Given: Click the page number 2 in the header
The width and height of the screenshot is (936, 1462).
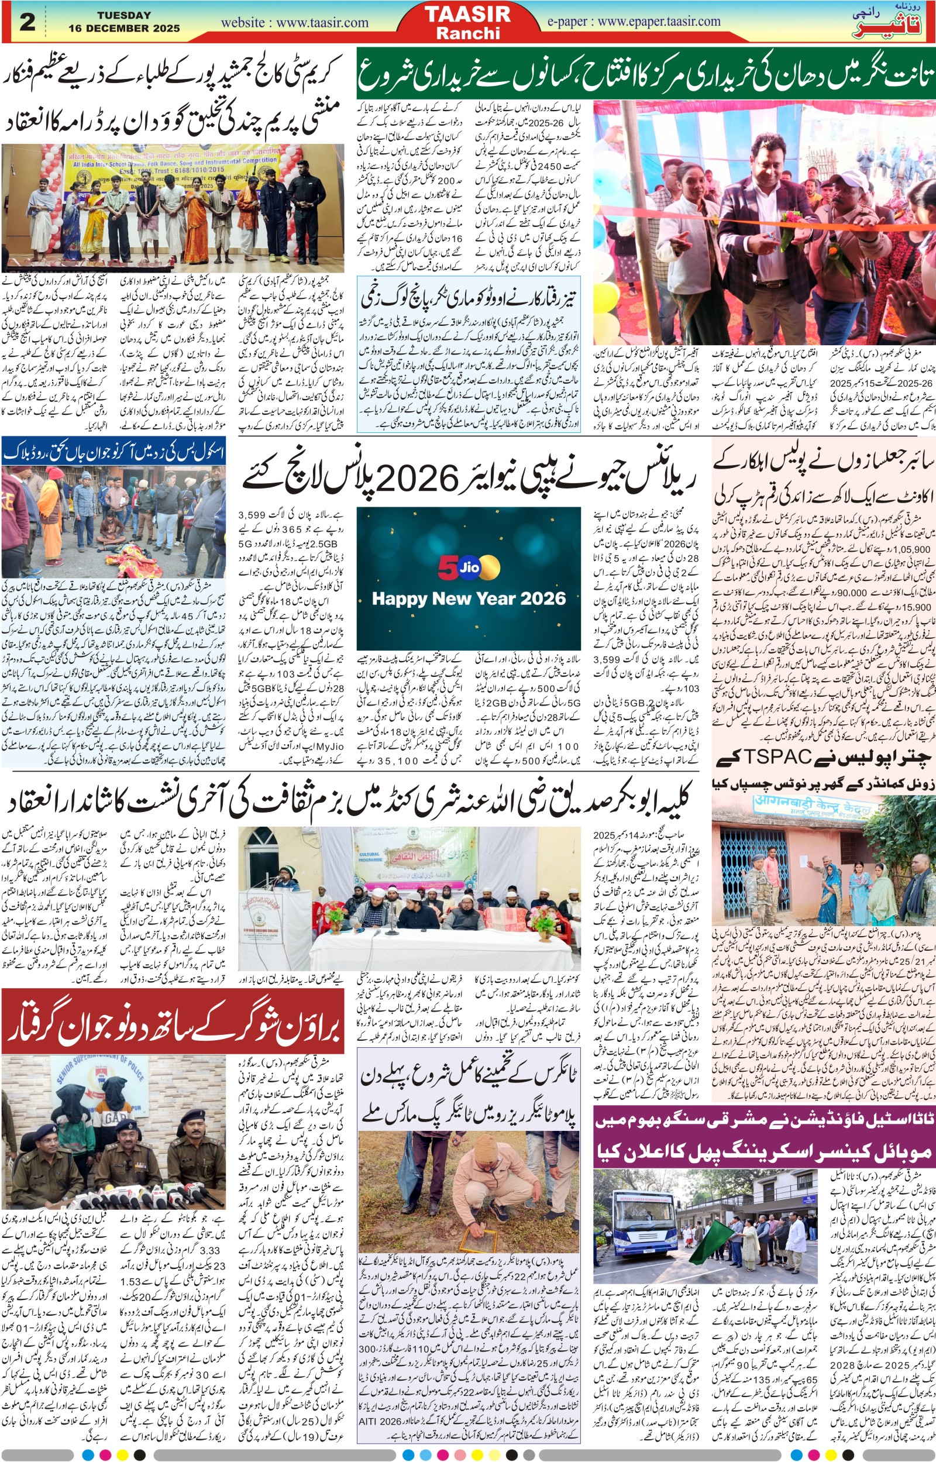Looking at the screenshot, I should click(x=27, y=22).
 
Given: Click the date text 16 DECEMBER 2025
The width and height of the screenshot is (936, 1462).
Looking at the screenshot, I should click(x=124, y=28).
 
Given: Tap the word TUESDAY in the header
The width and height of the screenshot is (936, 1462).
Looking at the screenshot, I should click(x=124, y=15).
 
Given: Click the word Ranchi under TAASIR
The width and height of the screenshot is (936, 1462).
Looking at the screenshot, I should click(x=467, y=33).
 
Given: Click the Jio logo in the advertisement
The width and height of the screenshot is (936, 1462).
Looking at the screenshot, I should click(x=469, y=567).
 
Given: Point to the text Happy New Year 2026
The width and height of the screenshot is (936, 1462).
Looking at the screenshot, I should click(x=469, y=598).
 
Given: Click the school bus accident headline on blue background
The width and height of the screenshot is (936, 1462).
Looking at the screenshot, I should click(x=113, y=452).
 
